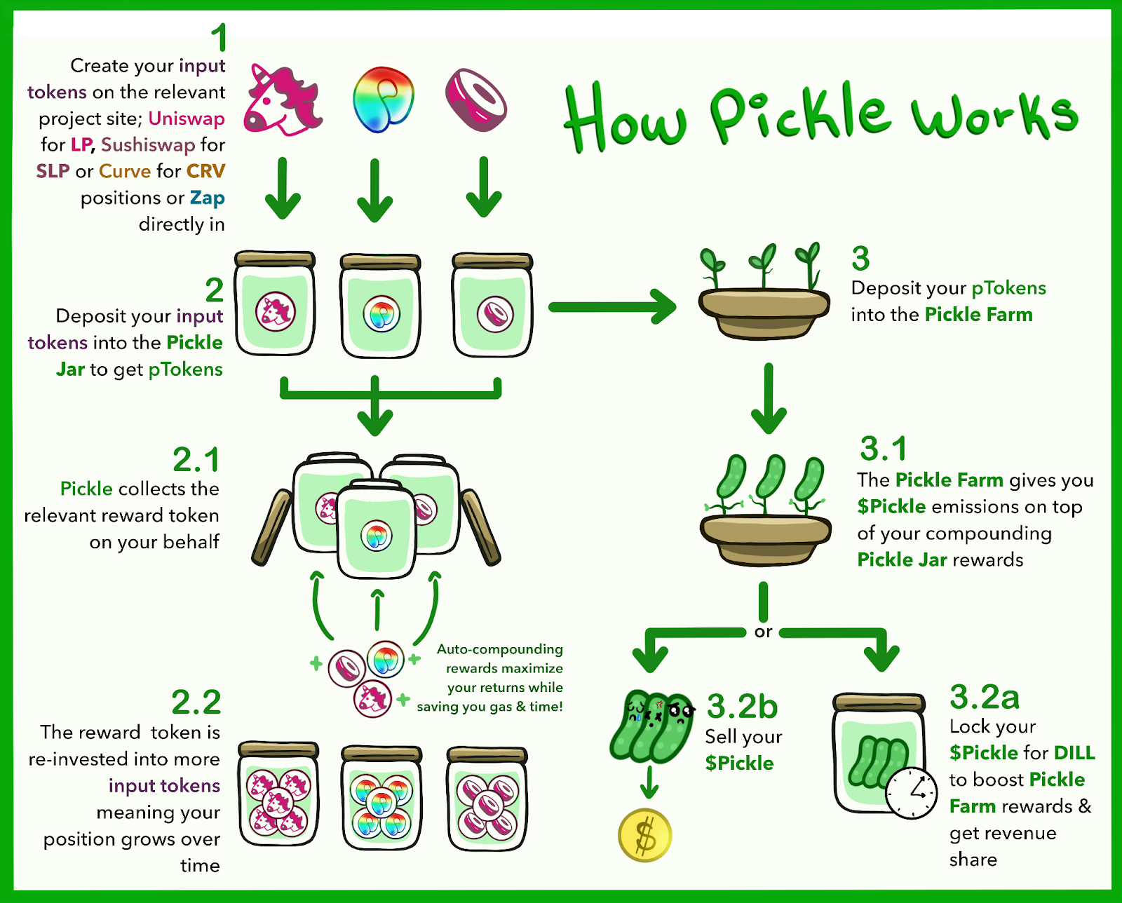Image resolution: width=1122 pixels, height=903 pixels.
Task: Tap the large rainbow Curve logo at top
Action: click(x=383, y=99)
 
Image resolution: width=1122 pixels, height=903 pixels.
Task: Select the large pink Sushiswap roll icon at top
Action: click(x=476, y=99)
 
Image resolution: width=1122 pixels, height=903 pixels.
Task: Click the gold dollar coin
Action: click(x=645, y=835)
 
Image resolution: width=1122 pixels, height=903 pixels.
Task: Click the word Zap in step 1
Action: click(x=207, y=198)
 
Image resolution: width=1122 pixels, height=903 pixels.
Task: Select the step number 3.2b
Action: click(x=742, y=706)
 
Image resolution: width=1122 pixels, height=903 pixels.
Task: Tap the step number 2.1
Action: click(x=196, y=460)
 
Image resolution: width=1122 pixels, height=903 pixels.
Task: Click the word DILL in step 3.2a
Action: click(x=1074, y=753)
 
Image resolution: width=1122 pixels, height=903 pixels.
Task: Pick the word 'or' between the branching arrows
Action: click(x=763, y=632)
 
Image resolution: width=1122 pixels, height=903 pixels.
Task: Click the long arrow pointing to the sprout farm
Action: click(x=613, y=307)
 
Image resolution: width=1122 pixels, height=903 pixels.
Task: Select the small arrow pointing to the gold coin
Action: click(x=649, y=782)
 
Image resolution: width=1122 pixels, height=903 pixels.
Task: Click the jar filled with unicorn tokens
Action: click(x=278, y=794)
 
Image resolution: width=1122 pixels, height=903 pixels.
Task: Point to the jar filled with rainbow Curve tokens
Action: click(x=382, y=798)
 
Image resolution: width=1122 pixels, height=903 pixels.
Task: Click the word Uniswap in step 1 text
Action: click(x=186, y=119)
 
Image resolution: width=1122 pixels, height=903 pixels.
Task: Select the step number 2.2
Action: click(x=196, y=702)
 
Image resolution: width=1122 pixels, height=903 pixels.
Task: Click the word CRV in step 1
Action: click(x=205, y=171)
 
